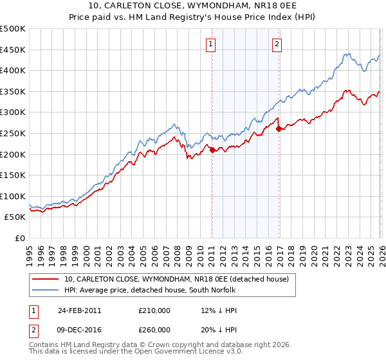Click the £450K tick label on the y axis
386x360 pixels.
pos(13,50)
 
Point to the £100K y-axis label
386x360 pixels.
pos(13,196)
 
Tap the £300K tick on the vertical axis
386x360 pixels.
pos(13,113)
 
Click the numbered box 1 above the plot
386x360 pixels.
pos(211,44)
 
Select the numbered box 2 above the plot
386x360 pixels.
pos(277,44)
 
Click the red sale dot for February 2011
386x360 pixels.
pos(212,150)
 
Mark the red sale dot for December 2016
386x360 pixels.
pos(279,129)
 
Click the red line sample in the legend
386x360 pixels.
pos(45,279)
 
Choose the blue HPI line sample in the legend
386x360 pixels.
pos(45,290)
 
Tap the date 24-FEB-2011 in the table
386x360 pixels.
pos(79,310)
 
